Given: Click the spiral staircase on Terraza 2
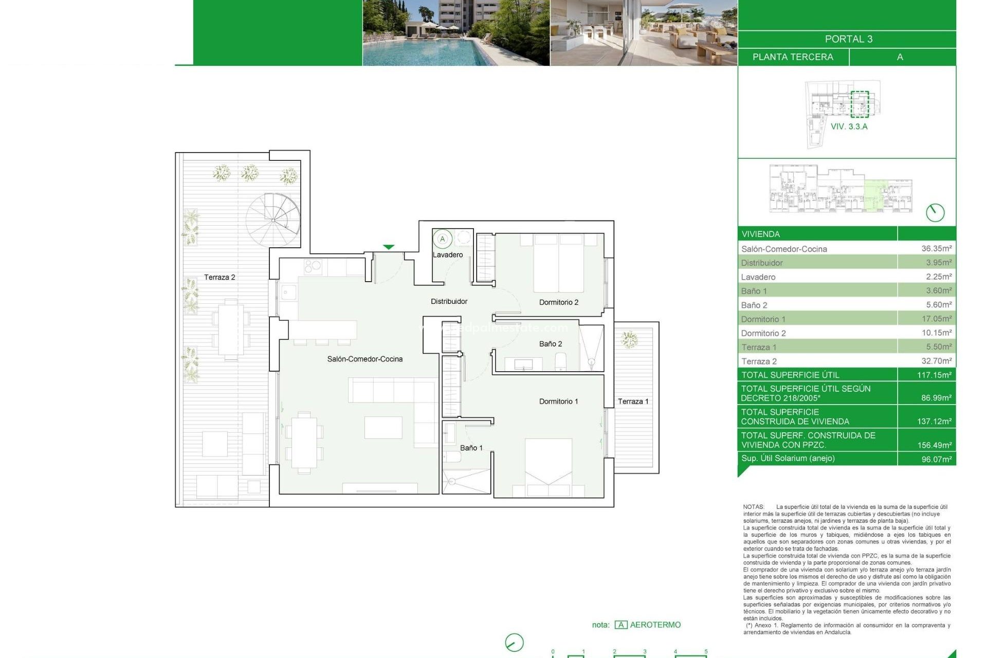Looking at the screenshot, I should [272, 220].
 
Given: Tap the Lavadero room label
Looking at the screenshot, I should [447, 255].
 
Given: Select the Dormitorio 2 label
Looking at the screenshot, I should [558, 302].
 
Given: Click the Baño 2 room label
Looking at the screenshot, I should [550, 344].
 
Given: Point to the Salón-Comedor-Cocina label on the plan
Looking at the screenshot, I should [364, 359].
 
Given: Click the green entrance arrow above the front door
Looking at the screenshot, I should [389, 247].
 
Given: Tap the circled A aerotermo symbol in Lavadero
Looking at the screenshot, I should [442, 239].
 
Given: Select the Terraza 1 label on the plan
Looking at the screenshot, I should [632, 401].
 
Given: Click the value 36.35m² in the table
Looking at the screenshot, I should [936, 249].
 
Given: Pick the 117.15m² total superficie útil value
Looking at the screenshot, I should [934, 375].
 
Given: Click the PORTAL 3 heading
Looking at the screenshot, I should [848, 39].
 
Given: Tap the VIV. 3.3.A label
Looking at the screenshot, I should [849, 126].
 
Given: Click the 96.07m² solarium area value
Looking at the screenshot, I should [936, 459].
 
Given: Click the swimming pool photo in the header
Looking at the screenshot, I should [455, 33].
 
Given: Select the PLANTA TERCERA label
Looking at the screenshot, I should [793, 57].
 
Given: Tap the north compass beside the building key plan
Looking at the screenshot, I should [935, 213].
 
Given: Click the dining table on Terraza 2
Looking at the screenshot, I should [230, 329].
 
